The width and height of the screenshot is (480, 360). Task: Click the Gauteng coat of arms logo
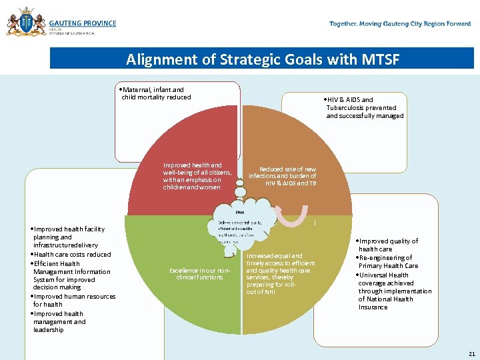(x=27, y=22)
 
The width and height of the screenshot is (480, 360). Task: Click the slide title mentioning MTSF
(x=263, y=59)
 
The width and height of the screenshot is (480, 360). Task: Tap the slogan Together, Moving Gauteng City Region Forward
(x=400, y=24)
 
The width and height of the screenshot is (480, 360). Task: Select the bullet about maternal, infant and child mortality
(x=154, y=93)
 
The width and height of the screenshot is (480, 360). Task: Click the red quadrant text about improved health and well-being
(x=197, y=176)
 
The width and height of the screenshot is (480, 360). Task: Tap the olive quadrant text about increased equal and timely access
(x=278, y=273)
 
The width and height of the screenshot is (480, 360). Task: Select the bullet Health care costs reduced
(x=72, y=254)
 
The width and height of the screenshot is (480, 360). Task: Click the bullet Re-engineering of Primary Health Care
(x=389, y=261)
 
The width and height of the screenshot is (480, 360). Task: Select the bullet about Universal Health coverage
(x=393, y=291)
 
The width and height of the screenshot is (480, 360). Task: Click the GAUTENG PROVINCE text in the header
(x=82, y=23)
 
